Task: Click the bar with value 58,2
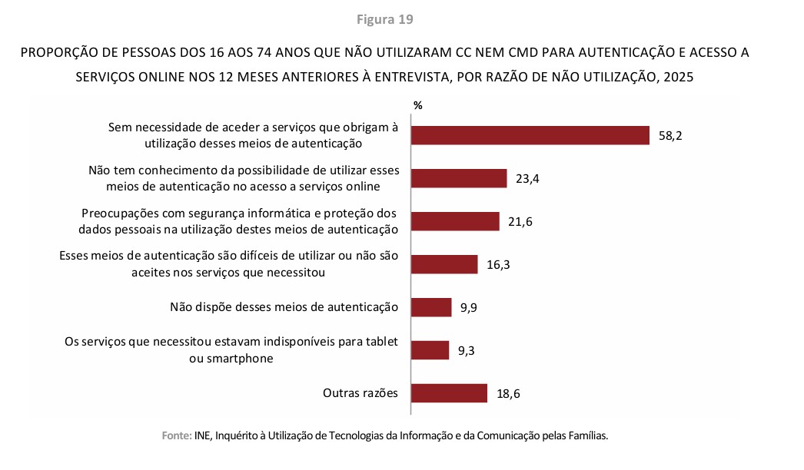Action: pos(530,135)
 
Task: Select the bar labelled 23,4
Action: pos(459,178)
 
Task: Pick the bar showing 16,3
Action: pos(444,264)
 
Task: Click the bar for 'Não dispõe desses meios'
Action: pos(431,307)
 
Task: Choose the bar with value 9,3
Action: pos(430,350)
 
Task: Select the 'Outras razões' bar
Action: pos(449,393)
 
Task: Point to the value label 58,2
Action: pos(670,136)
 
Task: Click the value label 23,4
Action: pos(527,179)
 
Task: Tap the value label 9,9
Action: pos(470,308)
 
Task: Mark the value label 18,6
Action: pos(508,394)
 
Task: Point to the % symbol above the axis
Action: pos(417,105)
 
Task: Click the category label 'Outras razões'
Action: pos(360,393)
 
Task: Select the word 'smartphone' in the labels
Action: pos(231,358)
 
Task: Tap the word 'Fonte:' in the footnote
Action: pos(176,435)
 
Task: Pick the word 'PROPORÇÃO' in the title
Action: pos(58,53)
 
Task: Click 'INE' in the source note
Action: pos(203,435)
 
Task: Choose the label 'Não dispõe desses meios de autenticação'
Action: pos(284,307)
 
